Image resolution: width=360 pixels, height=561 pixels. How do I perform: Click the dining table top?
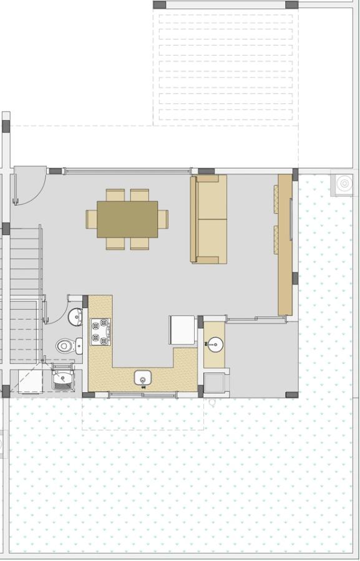pyautogui.click(x=127, y=219)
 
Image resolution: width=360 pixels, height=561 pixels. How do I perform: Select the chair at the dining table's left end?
pyautogui.click(x=91, y=219)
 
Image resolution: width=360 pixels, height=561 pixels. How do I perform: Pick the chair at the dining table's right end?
pyautogui.click(x=163, y=219)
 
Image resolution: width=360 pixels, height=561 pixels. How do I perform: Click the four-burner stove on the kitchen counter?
pyautogui.click(x=100, y=331)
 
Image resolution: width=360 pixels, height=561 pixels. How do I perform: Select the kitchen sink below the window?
pyautogui.click(x=144, y=378)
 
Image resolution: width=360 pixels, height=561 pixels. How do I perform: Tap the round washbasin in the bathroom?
pyautogui.click(x=75, y=317)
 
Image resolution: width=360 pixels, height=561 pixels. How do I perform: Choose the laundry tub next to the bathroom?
pyautogui.click(x=62, y=378)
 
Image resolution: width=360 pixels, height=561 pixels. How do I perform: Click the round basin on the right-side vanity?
pyautogui.click(x=214, y=343)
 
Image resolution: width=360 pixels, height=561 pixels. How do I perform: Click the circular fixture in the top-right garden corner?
pyautogui.click(x=343, y=183)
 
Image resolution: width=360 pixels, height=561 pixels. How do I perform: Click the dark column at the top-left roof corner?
pyautogui.click(x=160, y=4)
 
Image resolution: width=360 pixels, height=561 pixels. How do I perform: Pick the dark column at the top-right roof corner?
pyautogui.click(x=291, y=4)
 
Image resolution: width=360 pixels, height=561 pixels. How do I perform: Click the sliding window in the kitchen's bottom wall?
pyautogui.click(x=143, y=395)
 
